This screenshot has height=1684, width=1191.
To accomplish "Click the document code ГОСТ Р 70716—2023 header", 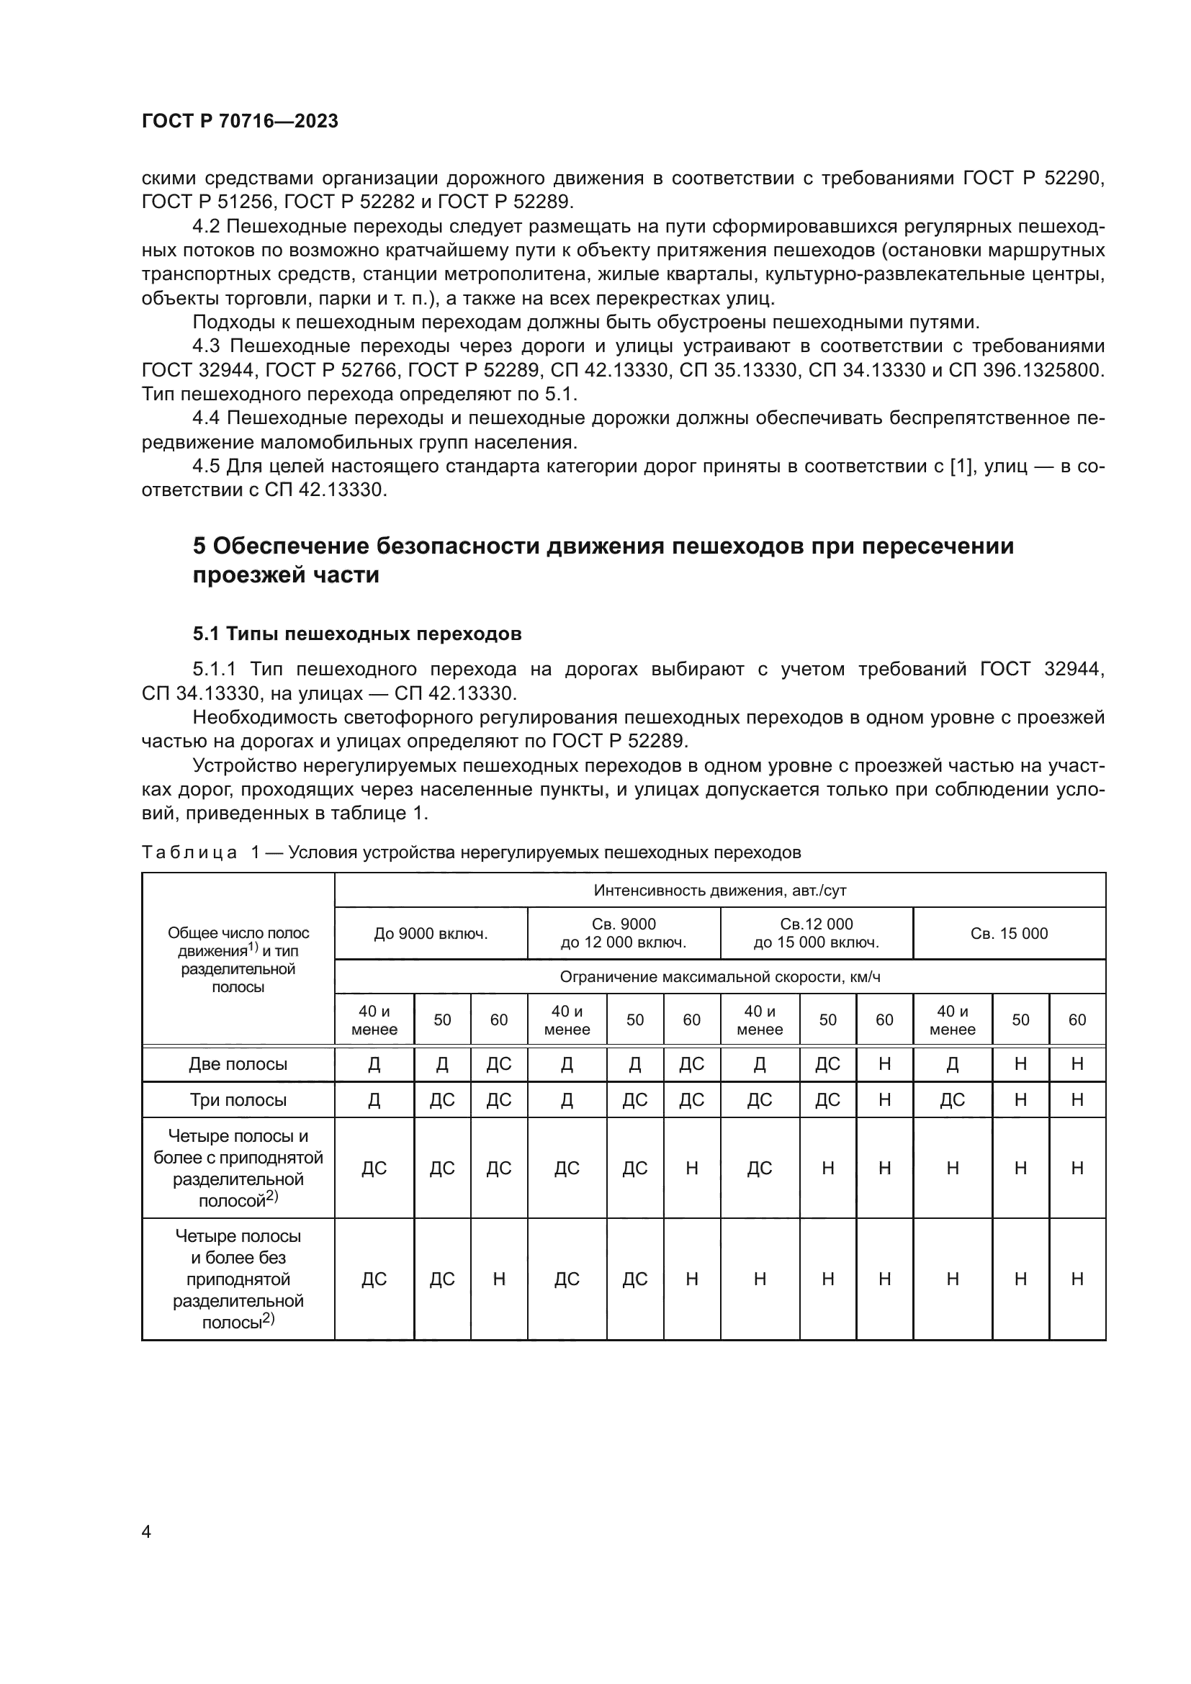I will coord(240,121).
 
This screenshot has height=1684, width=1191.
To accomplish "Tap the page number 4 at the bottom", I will coord(146,1531).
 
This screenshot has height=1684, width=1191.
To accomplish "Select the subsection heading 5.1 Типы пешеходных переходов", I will coord(357,634).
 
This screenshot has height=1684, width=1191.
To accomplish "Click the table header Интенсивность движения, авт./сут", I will coord(719,891).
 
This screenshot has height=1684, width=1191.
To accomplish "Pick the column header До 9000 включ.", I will coord(431,934).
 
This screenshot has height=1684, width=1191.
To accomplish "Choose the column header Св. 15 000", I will coord(1008,934).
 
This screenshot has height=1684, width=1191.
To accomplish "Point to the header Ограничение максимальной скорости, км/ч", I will coord(719,977).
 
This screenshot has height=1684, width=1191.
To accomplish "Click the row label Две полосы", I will coord(238,1064).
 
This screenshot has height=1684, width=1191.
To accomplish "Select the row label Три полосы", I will coord(238,1100).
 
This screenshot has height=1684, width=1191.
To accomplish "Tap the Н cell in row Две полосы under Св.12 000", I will coord(884,1064).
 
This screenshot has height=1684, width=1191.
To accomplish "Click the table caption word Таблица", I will coord(189,852).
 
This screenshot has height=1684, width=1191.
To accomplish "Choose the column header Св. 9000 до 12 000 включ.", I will coord(624,934).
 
